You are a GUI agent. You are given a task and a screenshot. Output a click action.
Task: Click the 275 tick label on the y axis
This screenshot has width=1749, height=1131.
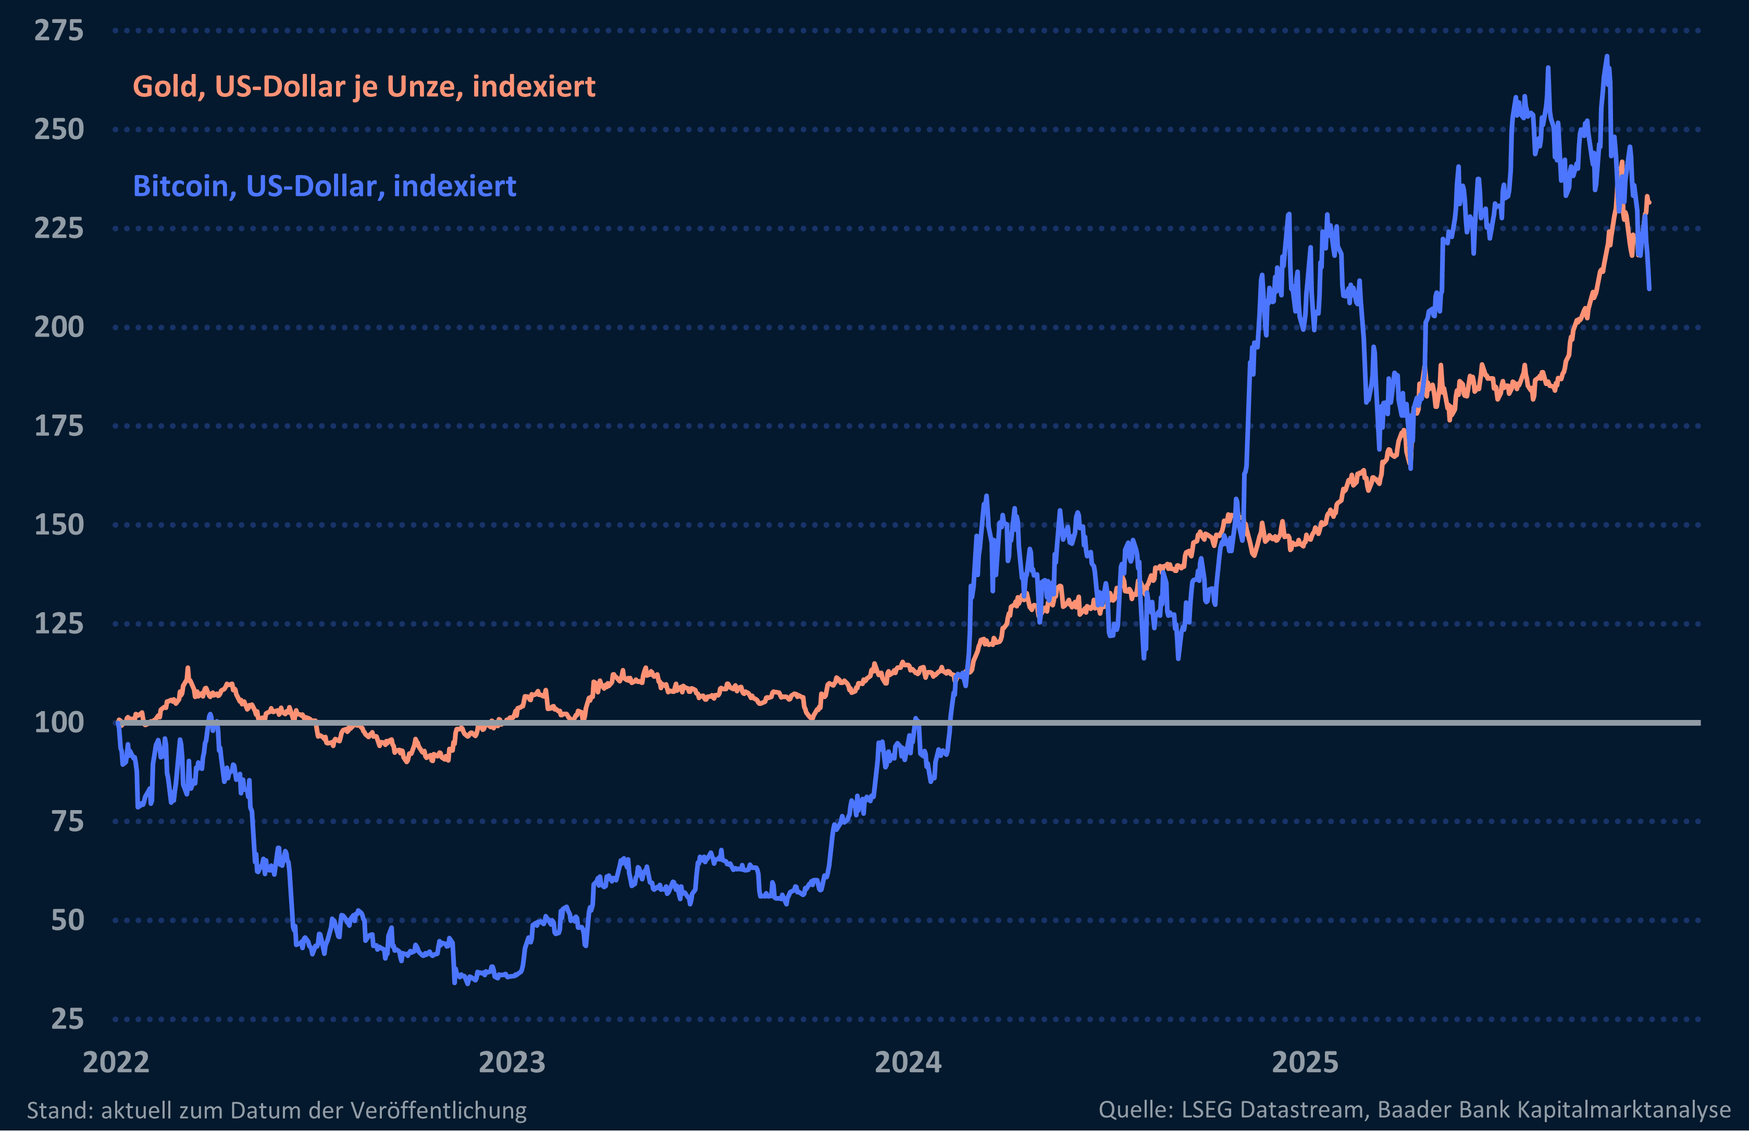59,31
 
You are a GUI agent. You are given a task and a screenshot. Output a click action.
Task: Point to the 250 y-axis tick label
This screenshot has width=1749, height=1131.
59,130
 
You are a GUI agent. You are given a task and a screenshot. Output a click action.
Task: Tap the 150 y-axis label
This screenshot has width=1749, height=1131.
59,525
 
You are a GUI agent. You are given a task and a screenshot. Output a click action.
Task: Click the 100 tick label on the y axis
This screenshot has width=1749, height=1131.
59,723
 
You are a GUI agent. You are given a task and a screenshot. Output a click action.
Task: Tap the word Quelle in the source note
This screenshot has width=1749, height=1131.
1135,1110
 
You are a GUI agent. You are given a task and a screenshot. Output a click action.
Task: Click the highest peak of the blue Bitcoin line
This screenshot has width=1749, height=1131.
1607,57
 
